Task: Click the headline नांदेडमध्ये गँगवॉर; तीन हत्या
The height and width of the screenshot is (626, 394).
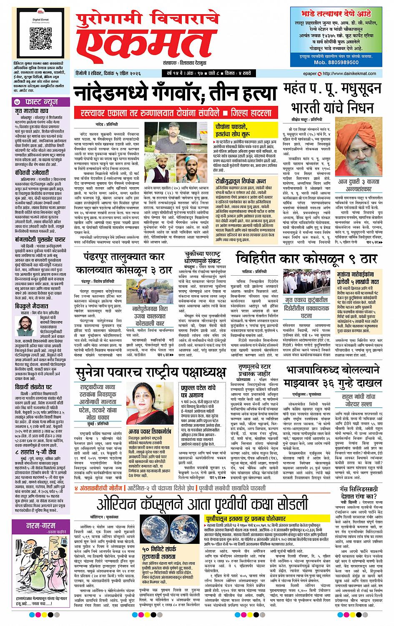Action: tap(176, 92)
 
